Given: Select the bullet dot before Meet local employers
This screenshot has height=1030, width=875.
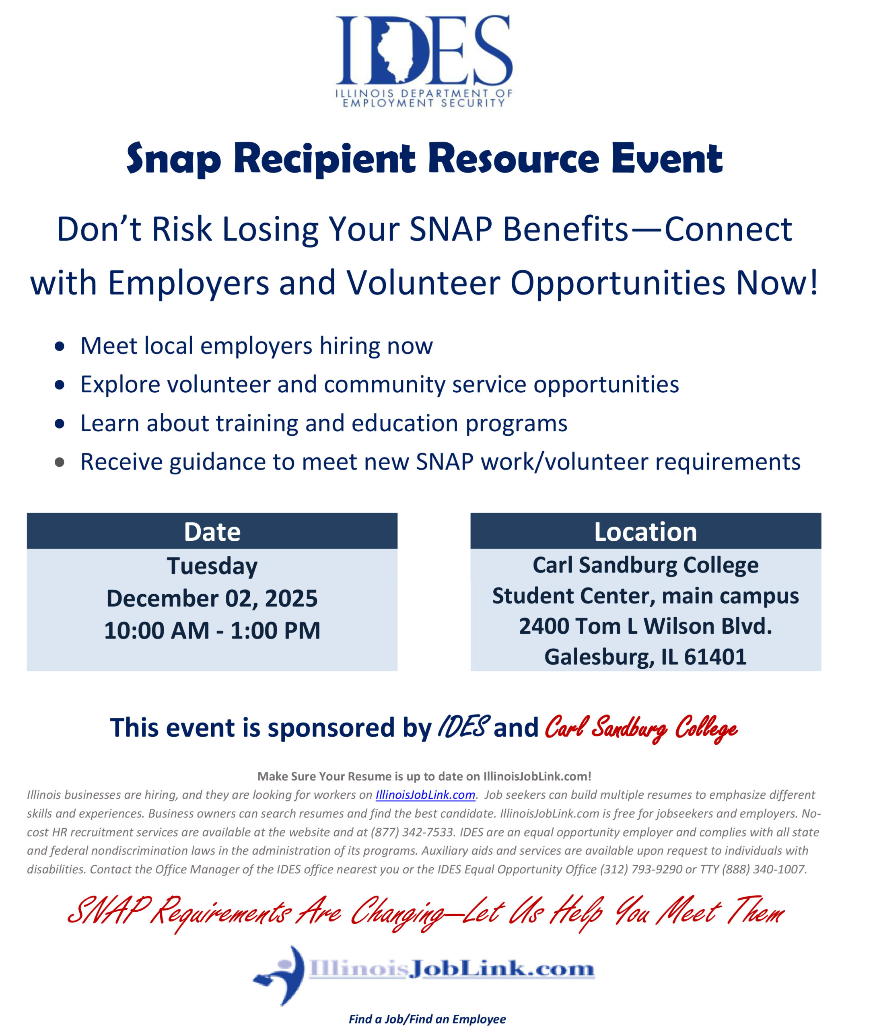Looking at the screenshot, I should click(60, 346).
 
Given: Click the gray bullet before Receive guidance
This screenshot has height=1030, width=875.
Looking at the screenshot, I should click(60, 462).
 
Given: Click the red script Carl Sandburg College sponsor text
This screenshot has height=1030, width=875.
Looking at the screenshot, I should click(640, 728).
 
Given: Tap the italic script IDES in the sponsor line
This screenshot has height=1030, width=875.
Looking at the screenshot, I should click(463, 727).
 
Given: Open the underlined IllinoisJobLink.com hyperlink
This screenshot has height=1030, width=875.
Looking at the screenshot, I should click(425, 794).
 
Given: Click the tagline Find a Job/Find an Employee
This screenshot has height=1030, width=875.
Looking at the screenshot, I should click(427, 1019).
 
